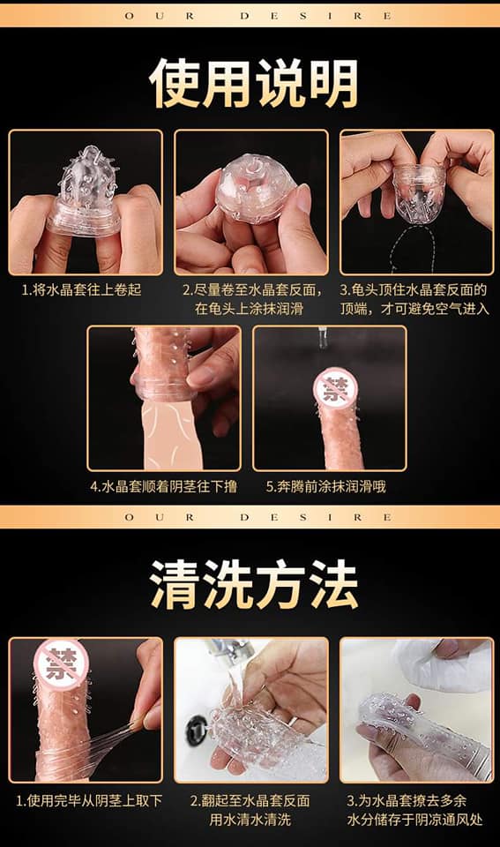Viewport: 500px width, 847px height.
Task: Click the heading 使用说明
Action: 253,83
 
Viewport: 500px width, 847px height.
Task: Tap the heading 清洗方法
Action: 253,584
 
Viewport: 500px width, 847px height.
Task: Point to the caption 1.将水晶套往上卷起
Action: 81,289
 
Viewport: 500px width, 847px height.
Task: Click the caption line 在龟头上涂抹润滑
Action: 249,309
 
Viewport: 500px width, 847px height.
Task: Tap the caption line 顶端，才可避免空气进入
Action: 414,309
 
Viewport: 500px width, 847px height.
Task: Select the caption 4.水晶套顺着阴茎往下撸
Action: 164,486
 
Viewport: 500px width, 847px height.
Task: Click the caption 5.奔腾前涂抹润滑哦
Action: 325,486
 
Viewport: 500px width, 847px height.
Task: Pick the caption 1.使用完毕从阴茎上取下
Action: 88,800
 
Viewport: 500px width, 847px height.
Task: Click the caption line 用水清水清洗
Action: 250,820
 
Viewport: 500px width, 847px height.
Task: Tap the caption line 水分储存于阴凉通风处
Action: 414,820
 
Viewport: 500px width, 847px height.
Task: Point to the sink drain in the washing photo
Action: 197,730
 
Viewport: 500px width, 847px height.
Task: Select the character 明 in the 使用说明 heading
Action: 332,83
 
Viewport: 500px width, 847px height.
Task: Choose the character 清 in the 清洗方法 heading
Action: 174,584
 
